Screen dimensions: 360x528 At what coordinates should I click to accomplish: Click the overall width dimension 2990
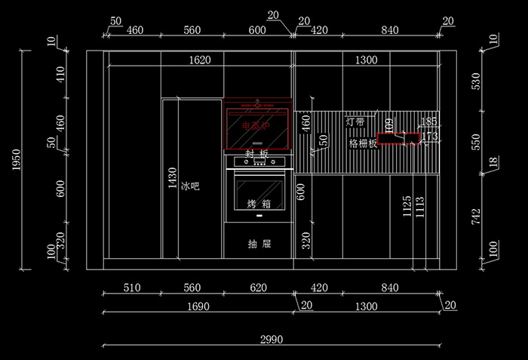[272, 340]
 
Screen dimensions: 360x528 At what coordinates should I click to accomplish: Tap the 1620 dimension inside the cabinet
[199, 60]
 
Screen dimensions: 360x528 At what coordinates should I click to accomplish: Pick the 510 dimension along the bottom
[132, 287]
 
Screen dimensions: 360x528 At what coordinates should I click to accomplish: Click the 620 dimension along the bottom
[258, 287]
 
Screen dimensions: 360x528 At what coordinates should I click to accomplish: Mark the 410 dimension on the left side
[61, 74]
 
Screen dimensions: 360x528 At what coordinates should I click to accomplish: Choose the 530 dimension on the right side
[474, 82]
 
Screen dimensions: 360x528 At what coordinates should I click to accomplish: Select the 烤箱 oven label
[259, 204]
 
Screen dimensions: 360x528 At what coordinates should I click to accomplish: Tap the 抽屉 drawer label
[259, 244]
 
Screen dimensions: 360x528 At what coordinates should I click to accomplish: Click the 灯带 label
[355, 121]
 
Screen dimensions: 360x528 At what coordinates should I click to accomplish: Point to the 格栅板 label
[363, 143]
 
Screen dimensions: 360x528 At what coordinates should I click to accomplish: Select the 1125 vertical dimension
[407, 206]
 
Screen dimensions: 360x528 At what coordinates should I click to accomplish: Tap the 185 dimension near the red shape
[429, 121]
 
